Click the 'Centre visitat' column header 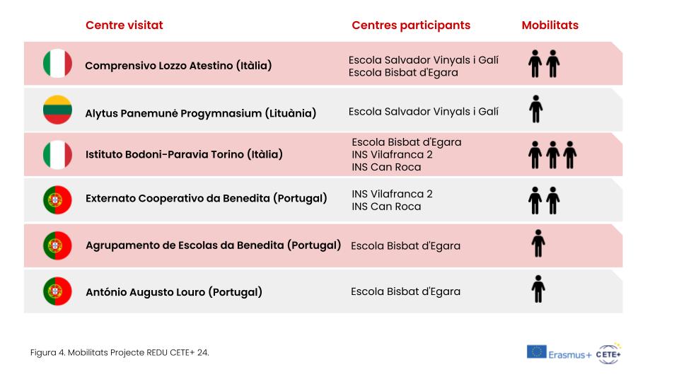pos(124,25)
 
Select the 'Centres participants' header pos(411,25)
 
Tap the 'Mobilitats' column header pos(550,25)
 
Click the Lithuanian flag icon pos(57,110)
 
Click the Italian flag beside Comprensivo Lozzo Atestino pos(57,63)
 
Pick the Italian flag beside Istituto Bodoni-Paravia pos(57,155)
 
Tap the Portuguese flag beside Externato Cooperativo pos(57,199)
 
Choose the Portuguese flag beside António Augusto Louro pos(57,291)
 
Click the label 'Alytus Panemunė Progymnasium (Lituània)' pos(200,113)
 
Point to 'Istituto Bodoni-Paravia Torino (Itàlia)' pos(184,154)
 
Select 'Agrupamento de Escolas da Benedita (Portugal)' pos(213,245)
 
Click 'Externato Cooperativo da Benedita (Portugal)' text pos(206,198)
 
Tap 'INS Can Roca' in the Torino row pos(386,167)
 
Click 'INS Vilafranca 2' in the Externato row pos(392,194)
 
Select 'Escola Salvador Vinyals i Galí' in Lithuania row pos(424,112)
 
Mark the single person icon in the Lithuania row pos(535,109)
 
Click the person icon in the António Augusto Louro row pos(538,289)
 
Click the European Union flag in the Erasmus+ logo pos(537,352)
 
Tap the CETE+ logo pos(609,354)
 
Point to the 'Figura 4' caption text pos(120,352)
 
